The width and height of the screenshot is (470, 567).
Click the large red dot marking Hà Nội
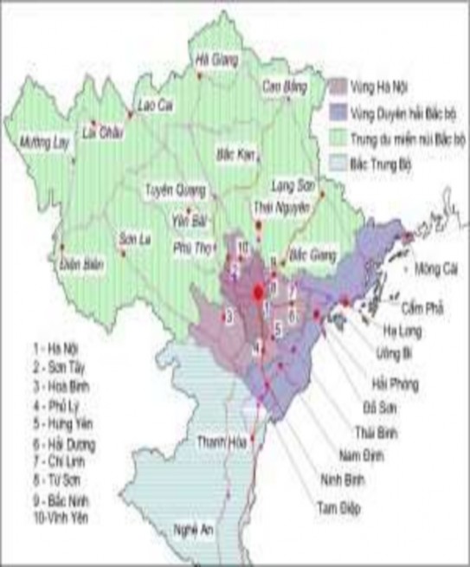[258, 293]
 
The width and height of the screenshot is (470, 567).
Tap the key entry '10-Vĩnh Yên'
[61, 517]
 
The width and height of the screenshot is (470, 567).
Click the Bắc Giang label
[310, 255]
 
